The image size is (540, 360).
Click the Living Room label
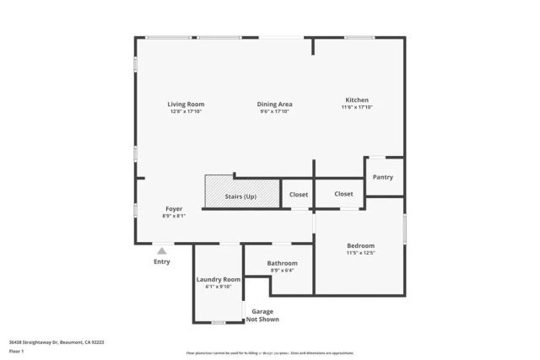click(186, 104)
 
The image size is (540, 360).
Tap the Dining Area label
click(274, 104)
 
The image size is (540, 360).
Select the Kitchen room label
click(357, 99)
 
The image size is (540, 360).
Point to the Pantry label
click(383, 177)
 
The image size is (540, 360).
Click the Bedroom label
click(360, 245)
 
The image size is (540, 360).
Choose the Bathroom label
click(283, 263)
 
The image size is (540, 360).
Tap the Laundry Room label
click(219, 279)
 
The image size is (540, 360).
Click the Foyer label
click(174, 208)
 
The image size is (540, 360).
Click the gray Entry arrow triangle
click(162, 250)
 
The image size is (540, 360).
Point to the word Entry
click(161, 261)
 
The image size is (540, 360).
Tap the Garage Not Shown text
click(262, 315)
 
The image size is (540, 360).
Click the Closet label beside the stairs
click(299, 195)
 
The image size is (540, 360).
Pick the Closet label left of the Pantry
click(343, 194)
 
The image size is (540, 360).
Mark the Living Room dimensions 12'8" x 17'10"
click(186, 111)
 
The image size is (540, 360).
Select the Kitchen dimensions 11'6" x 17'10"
click(357, 107)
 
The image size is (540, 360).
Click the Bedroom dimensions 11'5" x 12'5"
click(360, 253)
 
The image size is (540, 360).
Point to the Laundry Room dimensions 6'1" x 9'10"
click(219, 287)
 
